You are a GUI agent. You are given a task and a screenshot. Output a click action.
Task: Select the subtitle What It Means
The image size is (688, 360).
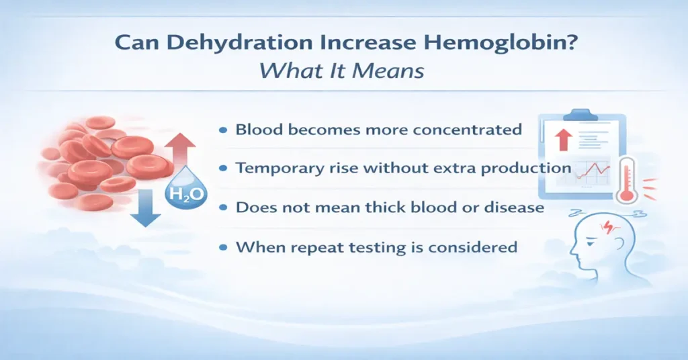pos(343,70)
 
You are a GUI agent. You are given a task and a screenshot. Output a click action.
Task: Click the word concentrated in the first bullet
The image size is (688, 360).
pos(463,129)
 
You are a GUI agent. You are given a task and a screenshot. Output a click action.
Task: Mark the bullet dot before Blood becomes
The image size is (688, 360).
pos(222,130)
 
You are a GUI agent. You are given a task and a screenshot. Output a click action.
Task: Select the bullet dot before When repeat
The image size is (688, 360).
pos(222,248)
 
